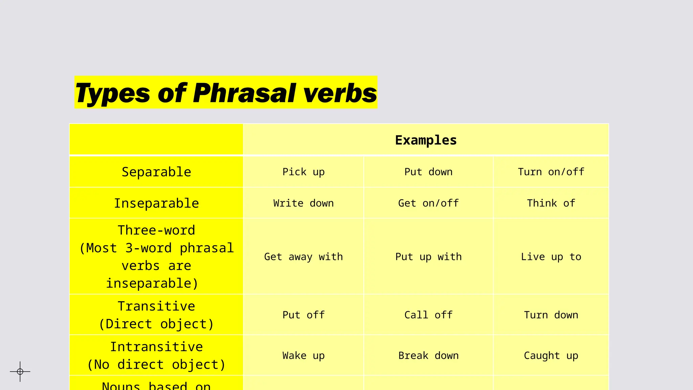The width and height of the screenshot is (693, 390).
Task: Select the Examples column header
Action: coord(426,140)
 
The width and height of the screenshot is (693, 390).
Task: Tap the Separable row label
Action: coord(156,172)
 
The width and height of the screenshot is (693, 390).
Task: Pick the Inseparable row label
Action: coord(156,203)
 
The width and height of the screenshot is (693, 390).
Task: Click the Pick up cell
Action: coord(304,172)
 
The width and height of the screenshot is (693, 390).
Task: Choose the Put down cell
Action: coord(428,172)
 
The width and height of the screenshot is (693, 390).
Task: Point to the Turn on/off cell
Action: coord(551,172)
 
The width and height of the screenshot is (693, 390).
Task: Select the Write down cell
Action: coord(304,203)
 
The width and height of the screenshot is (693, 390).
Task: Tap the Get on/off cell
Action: coord(428,203)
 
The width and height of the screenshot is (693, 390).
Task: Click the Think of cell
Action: coord(551,203)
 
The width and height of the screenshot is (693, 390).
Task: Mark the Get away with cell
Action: coord(304,257)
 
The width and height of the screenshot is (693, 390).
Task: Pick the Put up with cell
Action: coord(428,257)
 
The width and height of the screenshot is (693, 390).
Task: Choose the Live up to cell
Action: coord(551,257)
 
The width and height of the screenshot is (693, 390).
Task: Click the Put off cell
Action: coord(304,315)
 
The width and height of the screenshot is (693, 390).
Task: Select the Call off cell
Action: coord(428,315)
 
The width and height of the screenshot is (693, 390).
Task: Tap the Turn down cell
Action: coord(551,315)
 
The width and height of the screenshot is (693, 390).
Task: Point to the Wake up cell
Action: coord(304,355)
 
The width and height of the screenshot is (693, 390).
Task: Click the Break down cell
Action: coord(428,355)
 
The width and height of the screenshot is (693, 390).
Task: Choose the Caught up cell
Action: coord(551,355)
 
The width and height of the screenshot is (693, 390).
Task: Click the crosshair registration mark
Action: coord(20,371)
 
